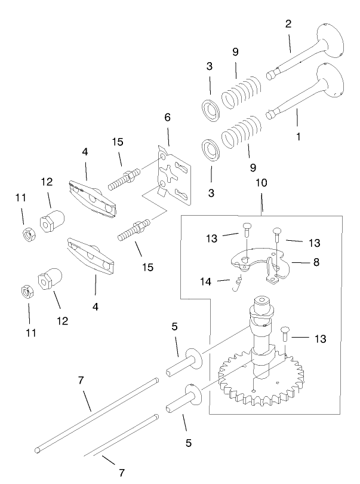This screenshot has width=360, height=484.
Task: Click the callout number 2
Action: [288, 24]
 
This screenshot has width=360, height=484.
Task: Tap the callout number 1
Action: [298, 136]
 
